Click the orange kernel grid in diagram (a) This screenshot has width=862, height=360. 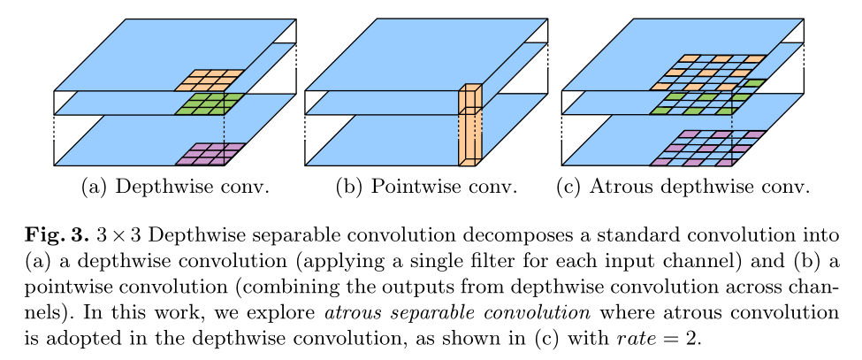209,80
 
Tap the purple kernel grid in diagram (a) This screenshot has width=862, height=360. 210,155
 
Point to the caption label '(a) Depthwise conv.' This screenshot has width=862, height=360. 175,187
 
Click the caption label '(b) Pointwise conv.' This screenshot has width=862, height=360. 427,187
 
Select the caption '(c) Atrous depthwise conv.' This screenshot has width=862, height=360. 683,187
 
